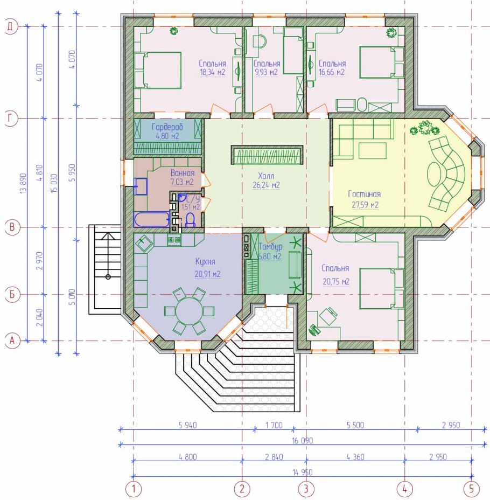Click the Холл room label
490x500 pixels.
point(266,176)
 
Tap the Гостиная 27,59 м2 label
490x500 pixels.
point(365,199)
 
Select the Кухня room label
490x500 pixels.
point(205,262)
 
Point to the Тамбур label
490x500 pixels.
point(270,247)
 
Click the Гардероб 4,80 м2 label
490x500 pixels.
point(167,131)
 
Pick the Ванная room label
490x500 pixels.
point(183,173)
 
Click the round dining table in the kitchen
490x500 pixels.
point(189,310)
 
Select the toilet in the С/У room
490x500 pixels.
point(190,220)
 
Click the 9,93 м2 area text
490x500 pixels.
point(267,72)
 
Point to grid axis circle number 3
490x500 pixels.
point(306,489)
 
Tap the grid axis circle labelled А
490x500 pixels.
point(12,341)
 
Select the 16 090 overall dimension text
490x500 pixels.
point(303,441)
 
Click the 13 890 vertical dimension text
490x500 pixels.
point(23,183)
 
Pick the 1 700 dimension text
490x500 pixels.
point(274,425)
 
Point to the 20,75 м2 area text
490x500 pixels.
point(336,282)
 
